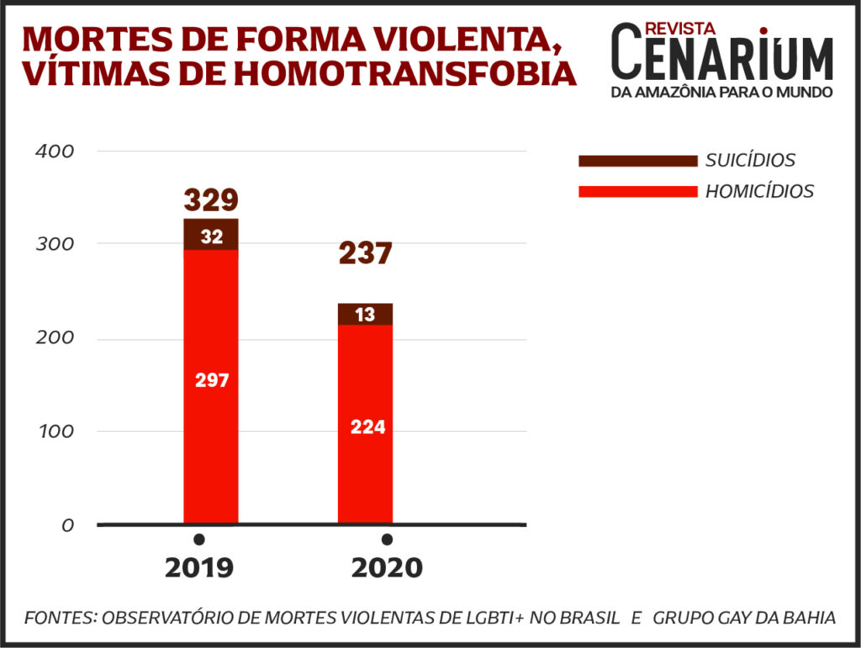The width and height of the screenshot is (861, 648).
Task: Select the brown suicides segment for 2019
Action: (211, 235)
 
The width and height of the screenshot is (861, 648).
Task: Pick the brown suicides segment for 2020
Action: (365, 314)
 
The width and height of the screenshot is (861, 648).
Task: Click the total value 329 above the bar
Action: (211, 200)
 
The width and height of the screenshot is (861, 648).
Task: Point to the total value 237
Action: (365, 253)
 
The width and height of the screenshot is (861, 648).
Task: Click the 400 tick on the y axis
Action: (56, 151)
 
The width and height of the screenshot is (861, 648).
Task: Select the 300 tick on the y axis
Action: (56, 244)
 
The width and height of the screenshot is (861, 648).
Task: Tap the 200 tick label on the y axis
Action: (56, 338)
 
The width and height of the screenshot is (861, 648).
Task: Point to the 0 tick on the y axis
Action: (67, 525)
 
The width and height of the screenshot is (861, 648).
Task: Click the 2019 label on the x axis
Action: (199, 568)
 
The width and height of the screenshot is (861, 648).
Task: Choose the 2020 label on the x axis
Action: (387, 568)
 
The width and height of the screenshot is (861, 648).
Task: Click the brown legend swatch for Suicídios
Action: (638, 161)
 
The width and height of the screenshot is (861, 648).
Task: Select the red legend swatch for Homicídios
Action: (638, 191)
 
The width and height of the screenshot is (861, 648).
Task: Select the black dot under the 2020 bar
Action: (387, 539)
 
